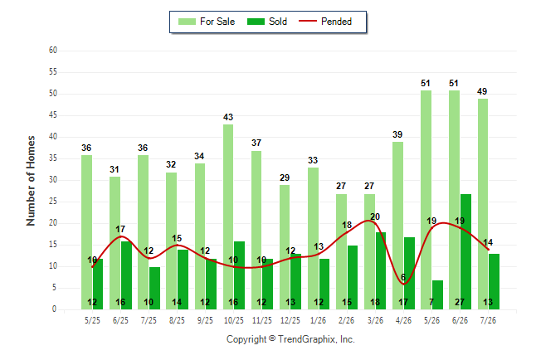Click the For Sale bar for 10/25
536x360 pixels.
(x=228, y=216)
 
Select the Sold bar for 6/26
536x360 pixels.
(x=465, y=251)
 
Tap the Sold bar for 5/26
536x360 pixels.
(x=437, y=294)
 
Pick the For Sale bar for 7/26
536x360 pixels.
(x=483, y=204)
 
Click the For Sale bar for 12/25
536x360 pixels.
(x=285, y=247)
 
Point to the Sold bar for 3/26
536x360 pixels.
(x=381, y=270)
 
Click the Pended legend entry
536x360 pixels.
(x=325, y=22)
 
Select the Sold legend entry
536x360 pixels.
(x=267, y=22)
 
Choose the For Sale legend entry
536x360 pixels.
(x=207, y=22)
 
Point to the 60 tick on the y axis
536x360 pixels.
(x=53, y=51)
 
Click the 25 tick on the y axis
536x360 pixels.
(x=53, y=202)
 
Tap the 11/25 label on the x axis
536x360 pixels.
(x=262, y=320)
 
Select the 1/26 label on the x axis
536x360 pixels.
(x=318, y=320)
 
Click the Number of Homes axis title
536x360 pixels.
(x=31, y=181)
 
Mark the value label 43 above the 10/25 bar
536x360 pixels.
(x=228, y=117)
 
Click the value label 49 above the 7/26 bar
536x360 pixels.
(x=482, y=91)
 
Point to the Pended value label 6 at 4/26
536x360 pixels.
(x=403, y=277)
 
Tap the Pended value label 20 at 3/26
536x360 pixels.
(x=375, y=216)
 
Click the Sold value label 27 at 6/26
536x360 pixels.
(x=460, y=302)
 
